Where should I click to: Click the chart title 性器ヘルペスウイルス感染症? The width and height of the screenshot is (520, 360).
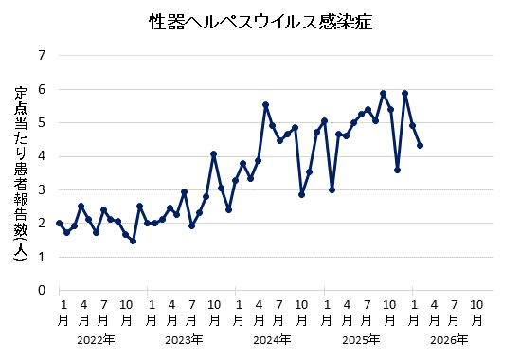[x=260, y=21]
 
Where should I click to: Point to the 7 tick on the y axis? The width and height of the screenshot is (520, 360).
[x=41, y=56]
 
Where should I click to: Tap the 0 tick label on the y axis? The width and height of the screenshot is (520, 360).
[x=41, y=290]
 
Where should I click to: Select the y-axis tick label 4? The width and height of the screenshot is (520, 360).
[x=41, y=156]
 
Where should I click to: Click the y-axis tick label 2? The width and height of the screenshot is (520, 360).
[x=41, y=224]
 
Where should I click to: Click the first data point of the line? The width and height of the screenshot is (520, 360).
[x=59, y=224]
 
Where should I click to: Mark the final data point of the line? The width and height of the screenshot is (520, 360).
[x=420, y=145]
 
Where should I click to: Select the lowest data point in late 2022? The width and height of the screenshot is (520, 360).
[x=133, y=241]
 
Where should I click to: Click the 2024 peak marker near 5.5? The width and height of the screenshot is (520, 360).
[x=265, y=105]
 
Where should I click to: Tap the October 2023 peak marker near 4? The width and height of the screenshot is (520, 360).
[x=214, y=154]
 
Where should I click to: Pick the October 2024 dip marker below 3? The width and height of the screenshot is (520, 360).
[x=302, y=194]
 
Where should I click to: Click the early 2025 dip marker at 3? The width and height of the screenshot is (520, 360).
[x=332, y=189]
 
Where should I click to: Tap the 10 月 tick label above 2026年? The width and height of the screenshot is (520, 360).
[x=478, y=312]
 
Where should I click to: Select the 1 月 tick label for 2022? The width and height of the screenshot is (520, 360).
[x=63, y=312]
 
